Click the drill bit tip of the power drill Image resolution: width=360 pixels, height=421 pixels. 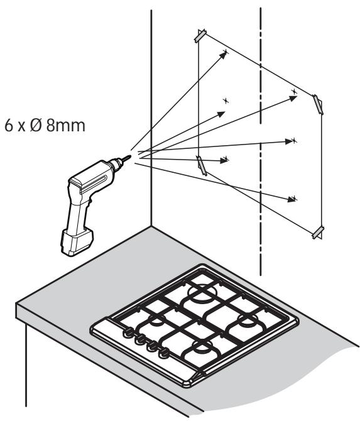click(x=131, y=156)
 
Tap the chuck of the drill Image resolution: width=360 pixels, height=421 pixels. click(x=116, y=164)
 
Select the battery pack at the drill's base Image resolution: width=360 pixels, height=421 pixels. click(x=77, y=241)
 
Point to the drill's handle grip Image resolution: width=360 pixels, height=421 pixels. click(x=78, y=212)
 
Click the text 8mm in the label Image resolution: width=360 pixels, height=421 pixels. click(x=66, y=125)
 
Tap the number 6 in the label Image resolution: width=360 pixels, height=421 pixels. click(x=9, y=125)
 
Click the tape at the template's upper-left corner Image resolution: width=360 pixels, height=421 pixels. click(x=200, y=35)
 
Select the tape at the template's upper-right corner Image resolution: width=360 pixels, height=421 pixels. click(x=317, y=104)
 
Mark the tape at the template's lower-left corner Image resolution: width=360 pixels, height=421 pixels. click(x=201, y=165)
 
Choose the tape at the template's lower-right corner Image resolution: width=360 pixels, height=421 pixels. click(x=318, y=232)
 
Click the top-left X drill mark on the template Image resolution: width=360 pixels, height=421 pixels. click(x=226, y=52)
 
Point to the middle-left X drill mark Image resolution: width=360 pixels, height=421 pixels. click(x=226, y=101)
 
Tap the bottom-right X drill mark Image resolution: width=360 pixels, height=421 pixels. click(x=295, y=199)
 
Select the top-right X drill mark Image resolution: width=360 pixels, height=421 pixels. click(x=295, y=91)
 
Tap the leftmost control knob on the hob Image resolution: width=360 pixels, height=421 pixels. click(x=128, y=332)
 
